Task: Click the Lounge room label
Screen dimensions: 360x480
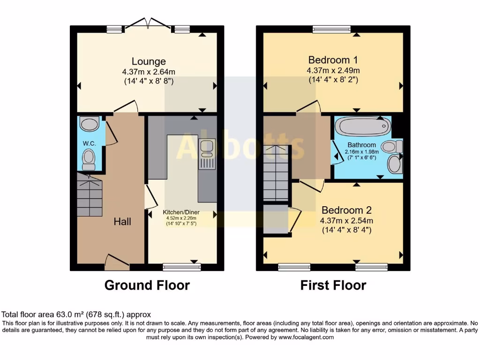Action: (x=148, y=61)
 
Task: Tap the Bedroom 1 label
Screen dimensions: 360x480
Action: (x=333, y=60)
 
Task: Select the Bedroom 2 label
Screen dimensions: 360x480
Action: (x=342, y=210)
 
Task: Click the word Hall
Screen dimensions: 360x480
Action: (x=122, y=222)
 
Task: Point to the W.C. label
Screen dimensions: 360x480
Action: (x=90, y=143)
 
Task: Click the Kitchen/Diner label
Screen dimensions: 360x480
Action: (x=179, y=212)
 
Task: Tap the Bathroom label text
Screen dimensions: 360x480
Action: (x=361, y=145)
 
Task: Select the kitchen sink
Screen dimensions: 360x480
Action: (x=206, y=147)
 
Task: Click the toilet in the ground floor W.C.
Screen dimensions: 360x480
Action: (x=88, y=159)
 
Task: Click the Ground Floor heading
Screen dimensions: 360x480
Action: (x=147, y=285)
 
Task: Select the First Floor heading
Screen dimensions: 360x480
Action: (x=333, y=285)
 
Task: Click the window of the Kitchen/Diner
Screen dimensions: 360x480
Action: (x=181, y=267)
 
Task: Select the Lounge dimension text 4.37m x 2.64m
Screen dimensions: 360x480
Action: (x=148, y=72)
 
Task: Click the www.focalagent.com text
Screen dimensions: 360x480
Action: (x=306, y=337)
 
